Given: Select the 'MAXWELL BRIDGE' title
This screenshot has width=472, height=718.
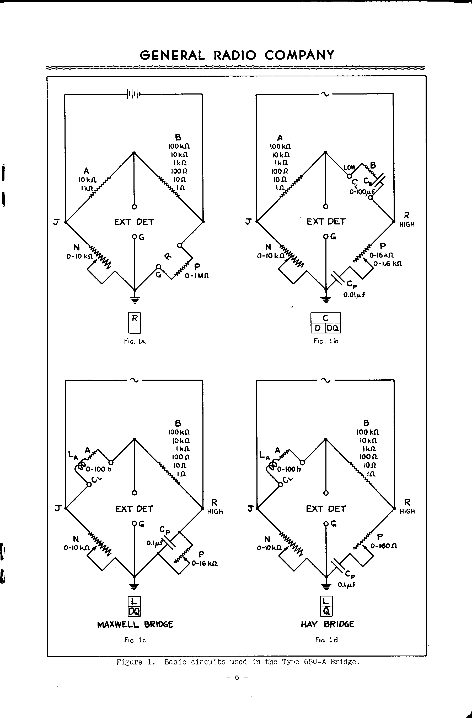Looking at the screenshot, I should (135, 625).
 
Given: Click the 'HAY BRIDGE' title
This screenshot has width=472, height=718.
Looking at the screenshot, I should (327, 624).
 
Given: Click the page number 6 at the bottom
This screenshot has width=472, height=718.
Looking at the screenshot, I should (237, 678).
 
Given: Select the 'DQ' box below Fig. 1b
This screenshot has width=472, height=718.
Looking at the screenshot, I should (333, 328).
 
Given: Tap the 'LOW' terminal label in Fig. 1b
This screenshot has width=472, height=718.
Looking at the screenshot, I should (350, 167).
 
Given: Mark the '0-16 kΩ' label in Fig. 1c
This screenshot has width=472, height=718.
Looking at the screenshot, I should (204, 563).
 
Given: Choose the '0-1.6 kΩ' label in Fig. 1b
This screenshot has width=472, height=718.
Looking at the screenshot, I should (388, 263).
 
